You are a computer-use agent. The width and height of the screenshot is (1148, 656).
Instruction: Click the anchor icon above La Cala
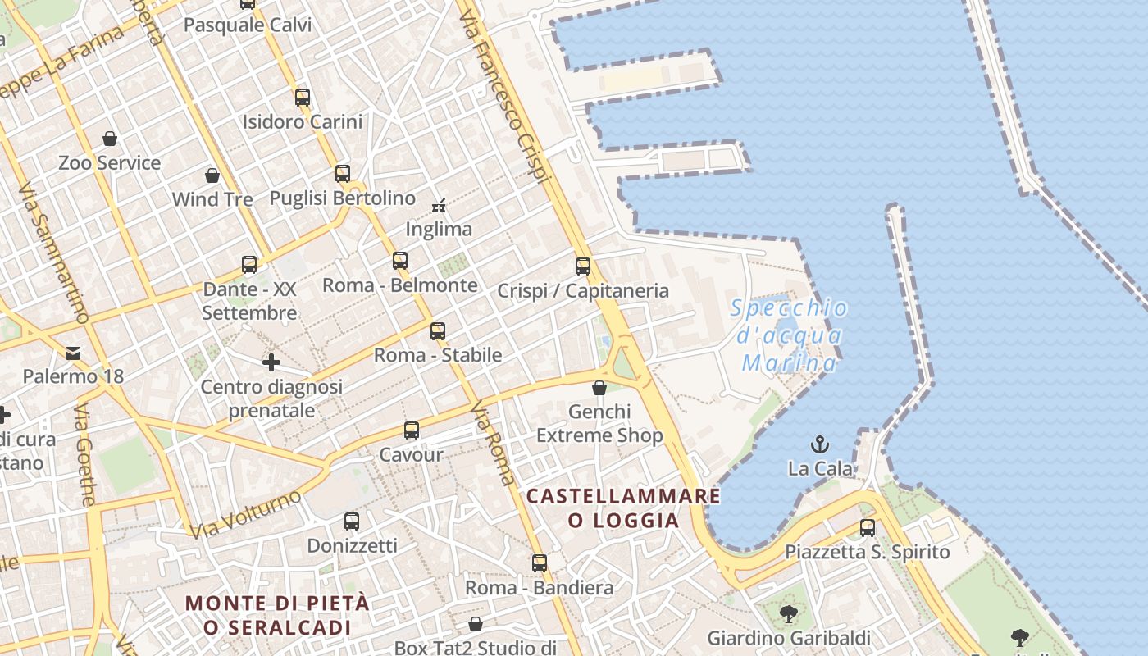tap(819, 444)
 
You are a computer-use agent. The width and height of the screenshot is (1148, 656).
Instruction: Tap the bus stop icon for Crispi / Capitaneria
tap(583, 266)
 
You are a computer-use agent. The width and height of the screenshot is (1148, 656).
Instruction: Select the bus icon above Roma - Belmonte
tap(400, 261)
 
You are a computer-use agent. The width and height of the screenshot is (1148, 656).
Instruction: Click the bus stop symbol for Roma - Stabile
tap(438, 330)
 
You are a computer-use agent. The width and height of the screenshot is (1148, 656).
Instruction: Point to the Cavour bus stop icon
tap(412, 430)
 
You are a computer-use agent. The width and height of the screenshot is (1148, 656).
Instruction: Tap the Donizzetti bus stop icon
tap(352, 521)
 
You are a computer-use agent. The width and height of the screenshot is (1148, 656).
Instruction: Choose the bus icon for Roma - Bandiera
tap(539, 563)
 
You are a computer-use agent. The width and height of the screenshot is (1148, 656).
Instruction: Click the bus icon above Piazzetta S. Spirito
tap(868, 527)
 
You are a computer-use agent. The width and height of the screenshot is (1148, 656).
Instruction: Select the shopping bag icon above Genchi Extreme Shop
tap(599, 387)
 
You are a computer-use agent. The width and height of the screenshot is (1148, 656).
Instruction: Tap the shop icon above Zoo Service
tap(110, 138)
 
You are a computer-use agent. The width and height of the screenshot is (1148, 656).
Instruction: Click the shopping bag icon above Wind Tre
tap(212, 175)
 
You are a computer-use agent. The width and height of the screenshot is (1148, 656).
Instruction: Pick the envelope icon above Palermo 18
tap(73, 353)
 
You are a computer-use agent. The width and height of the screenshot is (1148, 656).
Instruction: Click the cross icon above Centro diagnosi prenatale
tap(271, 362)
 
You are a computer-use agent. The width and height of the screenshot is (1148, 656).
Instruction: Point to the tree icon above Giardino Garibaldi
tap(788, 613)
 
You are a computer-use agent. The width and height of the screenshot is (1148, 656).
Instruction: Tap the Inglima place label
tap(439, 229)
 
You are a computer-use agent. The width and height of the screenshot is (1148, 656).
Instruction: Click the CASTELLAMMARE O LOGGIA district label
tap(623, 508)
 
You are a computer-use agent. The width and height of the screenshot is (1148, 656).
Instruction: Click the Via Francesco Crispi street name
tap(503, 90)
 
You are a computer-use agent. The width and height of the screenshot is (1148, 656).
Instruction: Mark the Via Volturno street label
tap(245, 514)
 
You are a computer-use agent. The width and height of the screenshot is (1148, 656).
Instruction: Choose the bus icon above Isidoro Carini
tap(303, 97)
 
